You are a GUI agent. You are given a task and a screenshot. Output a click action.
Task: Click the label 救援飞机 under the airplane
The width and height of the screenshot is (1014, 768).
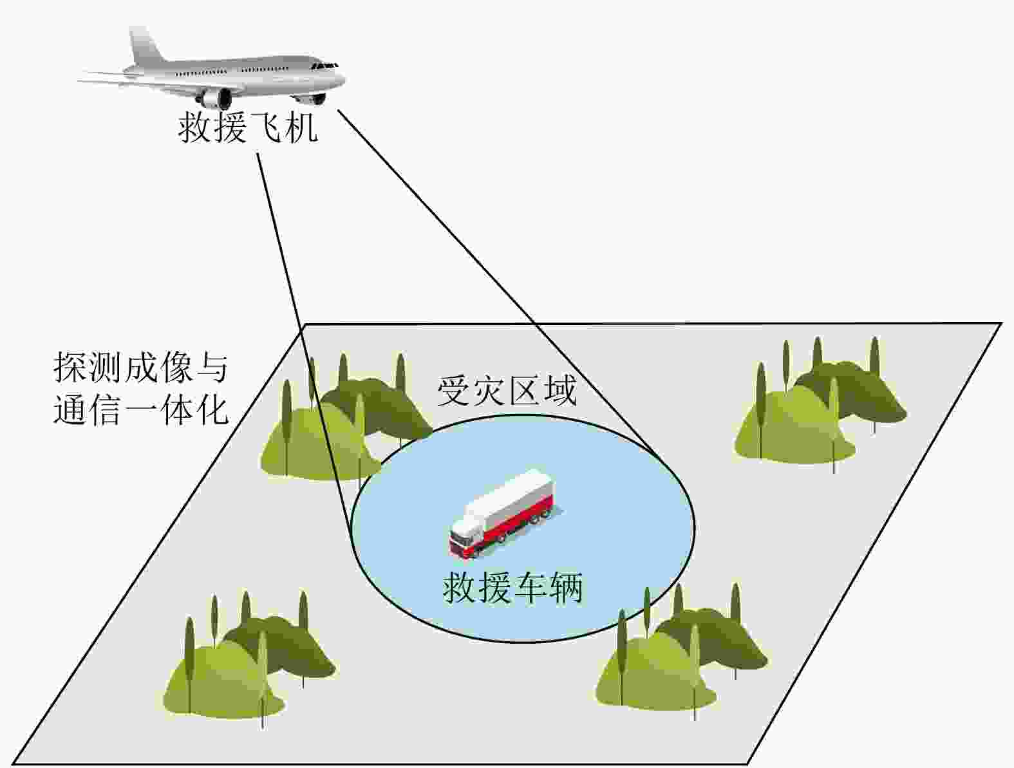(x=248, y=127)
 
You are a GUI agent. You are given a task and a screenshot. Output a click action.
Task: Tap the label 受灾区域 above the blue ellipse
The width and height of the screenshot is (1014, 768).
(x=507, y=390)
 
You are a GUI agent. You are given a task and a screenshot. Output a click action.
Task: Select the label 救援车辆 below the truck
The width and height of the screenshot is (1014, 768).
(x=512, y=587)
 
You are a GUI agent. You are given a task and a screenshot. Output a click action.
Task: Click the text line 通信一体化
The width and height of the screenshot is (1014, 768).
(x=140, y=408)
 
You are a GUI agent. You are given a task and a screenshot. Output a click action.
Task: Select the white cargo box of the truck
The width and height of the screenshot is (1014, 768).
(x=515, y=492)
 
